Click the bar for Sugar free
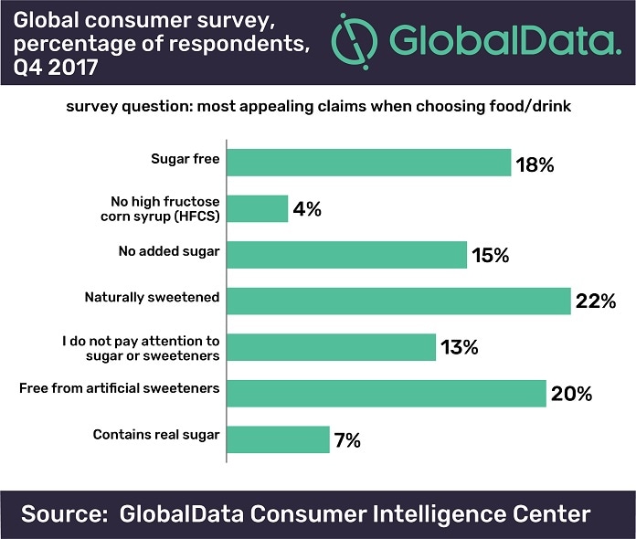368,163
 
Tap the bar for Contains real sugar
278,439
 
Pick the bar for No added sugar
346,255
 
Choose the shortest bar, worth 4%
257,208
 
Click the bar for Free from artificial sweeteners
386,393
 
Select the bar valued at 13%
331,347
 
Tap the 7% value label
348,439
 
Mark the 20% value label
572,394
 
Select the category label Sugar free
185,159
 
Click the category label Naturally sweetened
152,297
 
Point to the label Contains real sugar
156,435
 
